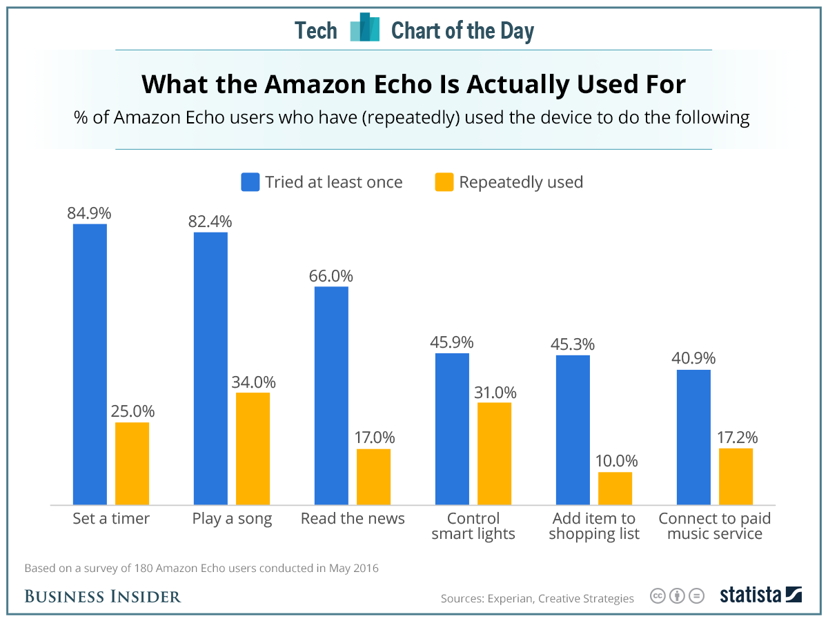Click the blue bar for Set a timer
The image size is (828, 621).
click(90, 364)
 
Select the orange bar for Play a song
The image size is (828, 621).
click(253, 448)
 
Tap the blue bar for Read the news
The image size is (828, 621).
click(331, 395)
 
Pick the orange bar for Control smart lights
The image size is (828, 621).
click(494, 453)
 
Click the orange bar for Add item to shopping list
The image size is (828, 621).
click(615, 489)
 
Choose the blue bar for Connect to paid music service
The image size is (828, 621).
click(693, 437)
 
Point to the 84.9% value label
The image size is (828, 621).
click(89, 213)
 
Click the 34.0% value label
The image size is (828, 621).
click(253, 382)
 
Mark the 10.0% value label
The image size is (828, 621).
click(615, 461)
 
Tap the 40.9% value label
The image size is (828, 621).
click(693, 359)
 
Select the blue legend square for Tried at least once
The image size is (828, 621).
click(250, 182)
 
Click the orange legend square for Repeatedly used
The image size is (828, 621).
click(444, 182)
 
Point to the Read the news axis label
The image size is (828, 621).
click(353, 519)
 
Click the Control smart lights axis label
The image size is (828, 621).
click(473, 526)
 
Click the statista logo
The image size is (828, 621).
click(760, 595)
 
